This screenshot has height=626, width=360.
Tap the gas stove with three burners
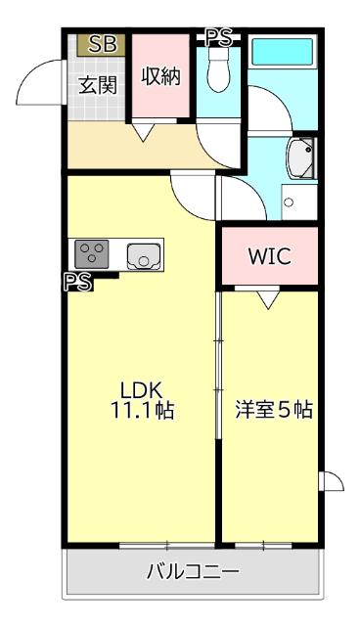point(93,254)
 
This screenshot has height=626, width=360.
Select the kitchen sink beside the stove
point(143,256)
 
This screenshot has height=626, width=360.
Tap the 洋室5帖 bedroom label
point(273,410)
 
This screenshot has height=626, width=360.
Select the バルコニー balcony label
point(193,571)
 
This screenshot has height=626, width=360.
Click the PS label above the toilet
point(219,37)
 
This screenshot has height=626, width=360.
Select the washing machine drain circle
point(288,202)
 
